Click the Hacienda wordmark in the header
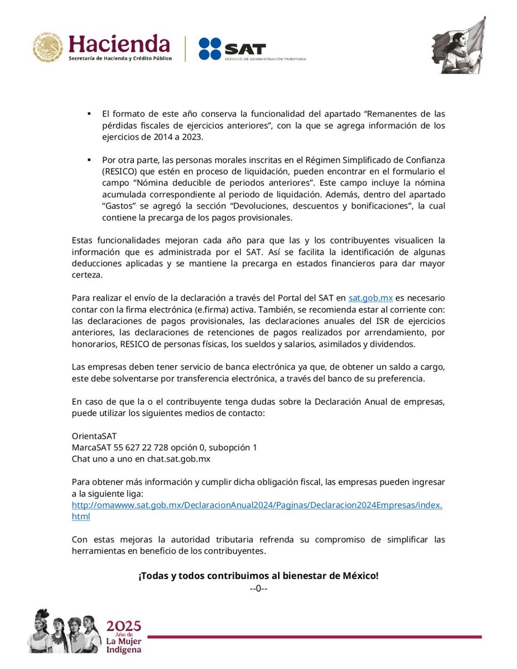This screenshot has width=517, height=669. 119,43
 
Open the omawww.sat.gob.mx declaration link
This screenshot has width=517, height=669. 257,505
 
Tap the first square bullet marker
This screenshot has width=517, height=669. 89,114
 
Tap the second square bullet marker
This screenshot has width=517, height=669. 89,159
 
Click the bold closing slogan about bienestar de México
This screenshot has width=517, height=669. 258,575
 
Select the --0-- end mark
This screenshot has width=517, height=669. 259,588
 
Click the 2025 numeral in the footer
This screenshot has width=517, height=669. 124,626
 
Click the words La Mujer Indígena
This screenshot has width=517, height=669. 123,644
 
